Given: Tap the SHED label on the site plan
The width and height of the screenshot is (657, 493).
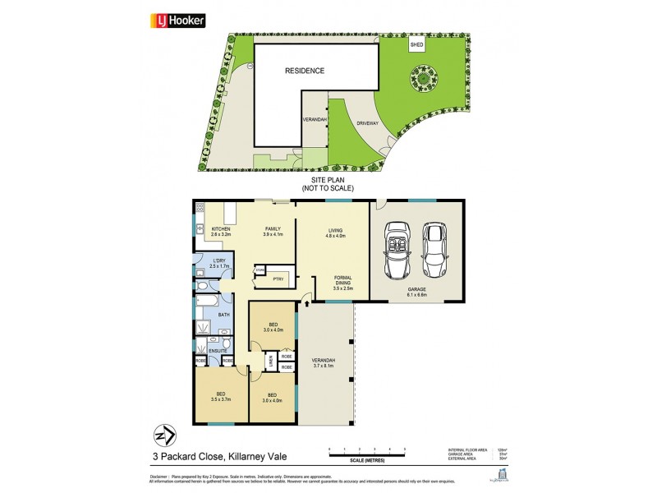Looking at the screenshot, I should tap(416, 45).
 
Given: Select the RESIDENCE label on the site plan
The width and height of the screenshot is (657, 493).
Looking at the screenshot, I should tap(305, 71).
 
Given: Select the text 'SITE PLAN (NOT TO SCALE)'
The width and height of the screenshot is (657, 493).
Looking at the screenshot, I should tap(331, 183).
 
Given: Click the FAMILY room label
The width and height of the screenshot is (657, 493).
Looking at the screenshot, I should tap(273, 232).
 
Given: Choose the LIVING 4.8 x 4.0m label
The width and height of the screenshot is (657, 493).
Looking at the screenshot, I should tap(334, 234).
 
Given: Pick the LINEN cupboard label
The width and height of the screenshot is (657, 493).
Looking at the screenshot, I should tap(270, 362).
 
